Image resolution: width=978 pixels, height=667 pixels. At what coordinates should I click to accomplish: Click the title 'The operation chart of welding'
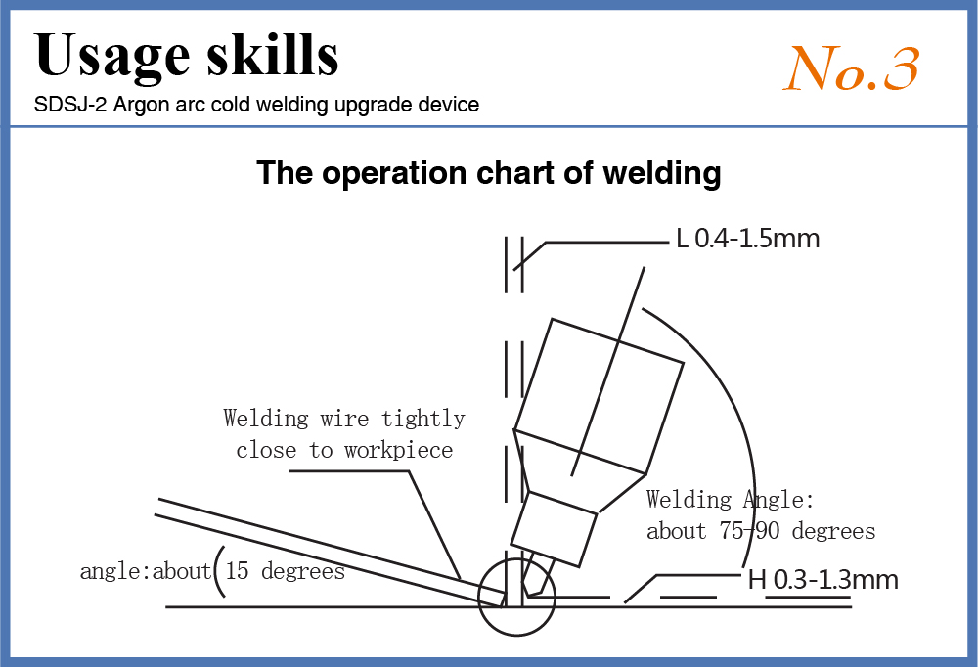click(489, 173)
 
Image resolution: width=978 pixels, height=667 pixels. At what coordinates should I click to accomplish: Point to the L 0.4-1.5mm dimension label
click(747, 238)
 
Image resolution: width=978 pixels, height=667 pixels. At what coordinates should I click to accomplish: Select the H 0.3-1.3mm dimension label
click(822, 579)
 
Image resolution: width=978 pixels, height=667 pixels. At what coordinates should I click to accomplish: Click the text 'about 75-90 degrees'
click(760, 531)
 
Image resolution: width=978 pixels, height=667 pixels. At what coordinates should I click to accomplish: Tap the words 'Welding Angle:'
click(730, 500)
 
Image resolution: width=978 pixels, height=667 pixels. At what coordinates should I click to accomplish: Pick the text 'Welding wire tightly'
click(343, 419)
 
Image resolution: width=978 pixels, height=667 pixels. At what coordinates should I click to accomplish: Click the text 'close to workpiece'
click(344, 450)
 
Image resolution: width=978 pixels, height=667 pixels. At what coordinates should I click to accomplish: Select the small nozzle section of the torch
click(555, 528)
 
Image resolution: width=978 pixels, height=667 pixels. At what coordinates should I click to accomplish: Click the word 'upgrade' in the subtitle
click(369, 104)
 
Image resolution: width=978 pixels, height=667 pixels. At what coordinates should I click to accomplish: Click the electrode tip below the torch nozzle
click(535, 577)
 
